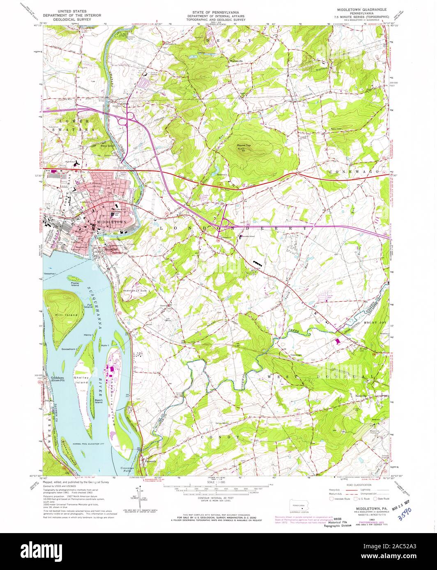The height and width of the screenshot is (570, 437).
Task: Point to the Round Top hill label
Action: point(244,145)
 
